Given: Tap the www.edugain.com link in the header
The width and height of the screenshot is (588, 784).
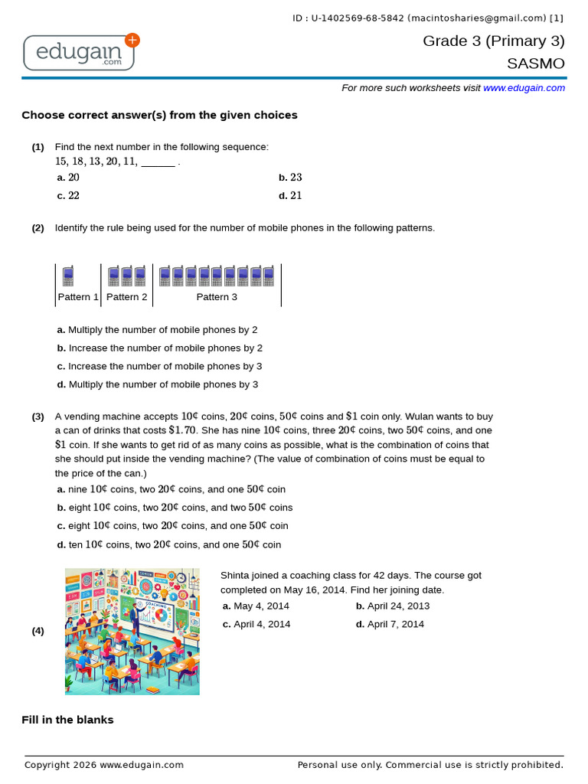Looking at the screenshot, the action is click(x=524, y=88).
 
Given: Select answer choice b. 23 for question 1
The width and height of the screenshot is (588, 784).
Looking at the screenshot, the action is click(x=290, y=178).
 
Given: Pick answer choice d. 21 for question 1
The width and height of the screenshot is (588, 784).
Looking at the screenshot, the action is click(x=290, y=195).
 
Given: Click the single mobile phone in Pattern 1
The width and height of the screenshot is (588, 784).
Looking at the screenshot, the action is click(x=68, y=276).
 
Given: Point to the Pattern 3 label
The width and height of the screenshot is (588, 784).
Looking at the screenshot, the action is click(x=217, y=297).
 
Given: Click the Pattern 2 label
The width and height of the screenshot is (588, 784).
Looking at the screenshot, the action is click(x=127, y=297).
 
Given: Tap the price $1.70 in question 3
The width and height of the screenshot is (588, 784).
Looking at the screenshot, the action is click(x=182, y=430).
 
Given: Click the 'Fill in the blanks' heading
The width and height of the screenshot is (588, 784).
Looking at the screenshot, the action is click(x=67, y=720).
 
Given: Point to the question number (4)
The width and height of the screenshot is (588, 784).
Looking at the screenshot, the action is click(x=38, y=631).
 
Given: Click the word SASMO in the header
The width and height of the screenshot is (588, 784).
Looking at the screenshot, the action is click(x=535, y=64).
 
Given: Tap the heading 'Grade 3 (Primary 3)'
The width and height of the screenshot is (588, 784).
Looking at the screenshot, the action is click(x=494, y=41).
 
